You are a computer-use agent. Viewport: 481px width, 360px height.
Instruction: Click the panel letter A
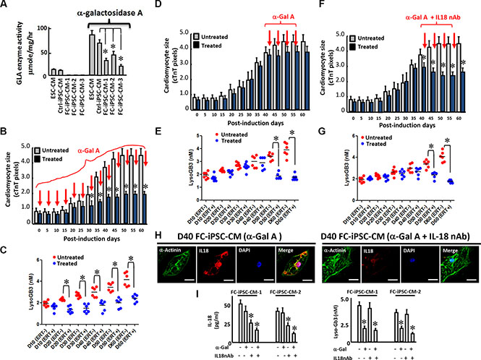7,7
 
